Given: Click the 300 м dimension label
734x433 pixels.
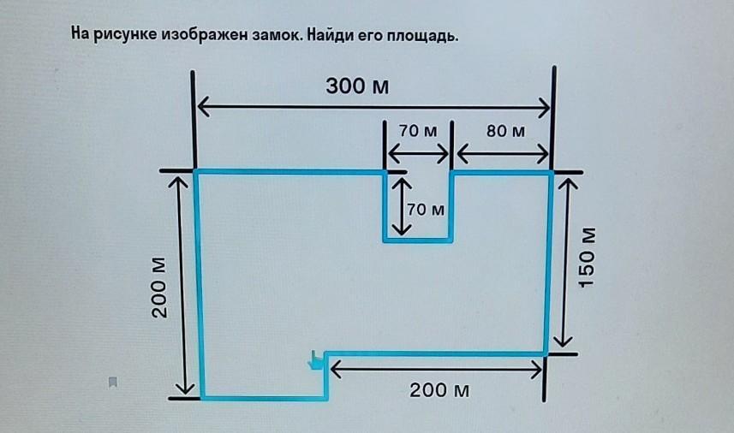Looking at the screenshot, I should tap(352, 86).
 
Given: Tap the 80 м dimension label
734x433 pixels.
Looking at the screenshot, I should tap(506, 131).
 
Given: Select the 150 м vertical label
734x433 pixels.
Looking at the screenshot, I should tap(587, 258).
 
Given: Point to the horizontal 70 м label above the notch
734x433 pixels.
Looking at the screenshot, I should tap(417, 131).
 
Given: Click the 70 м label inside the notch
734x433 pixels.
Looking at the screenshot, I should tap(426, 209).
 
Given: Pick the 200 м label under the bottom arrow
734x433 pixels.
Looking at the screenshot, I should tap(439, 390).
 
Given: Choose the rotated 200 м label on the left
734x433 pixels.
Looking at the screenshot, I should tap(160, 287).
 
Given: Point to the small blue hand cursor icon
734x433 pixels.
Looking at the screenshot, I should tap(316, 361).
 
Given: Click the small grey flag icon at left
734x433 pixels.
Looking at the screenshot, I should tap(112, 382).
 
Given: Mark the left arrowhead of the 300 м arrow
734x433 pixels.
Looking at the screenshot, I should tap(202, 107).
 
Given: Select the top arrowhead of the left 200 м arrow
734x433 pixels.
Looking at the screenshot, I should tap(180, 181).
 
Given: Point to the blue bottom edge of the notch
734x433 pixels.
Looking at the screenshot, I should tap(417, 240).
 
